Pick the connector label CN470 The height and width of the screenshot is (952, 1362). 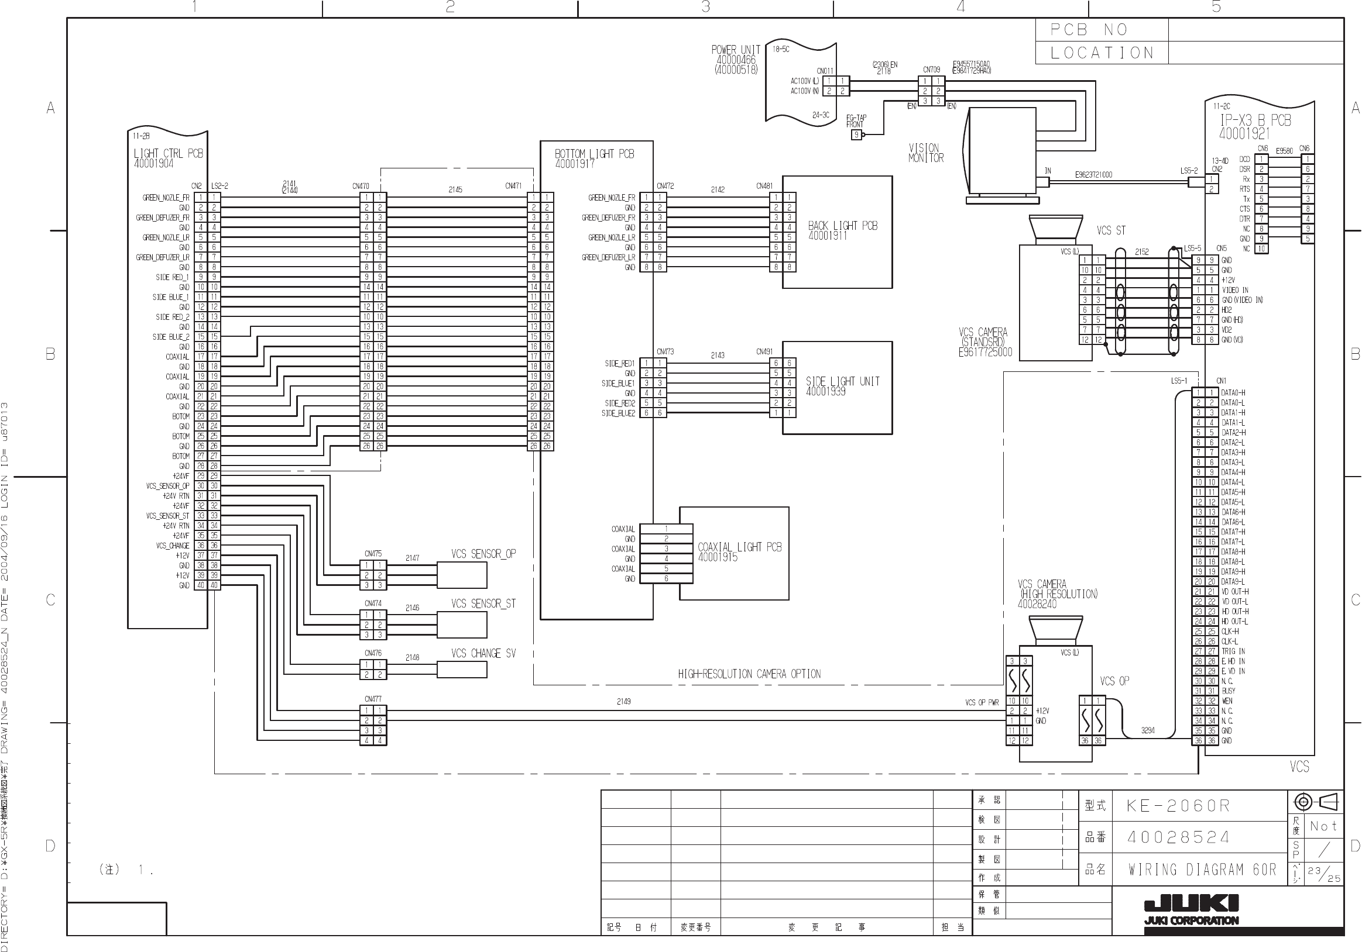361,186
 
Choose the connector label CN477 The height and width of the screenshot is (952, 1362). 372,699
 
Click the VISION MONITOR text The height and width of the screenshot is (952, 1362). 925,153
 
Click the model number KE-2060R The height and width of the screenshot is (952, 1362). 1178,806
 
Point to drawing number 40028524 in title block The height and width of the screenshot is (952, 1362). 1178,837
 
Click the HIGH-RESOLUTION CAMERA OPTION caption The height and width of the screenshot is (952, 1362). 749,674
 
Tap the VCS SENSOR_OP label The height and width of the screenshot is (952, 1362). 483,554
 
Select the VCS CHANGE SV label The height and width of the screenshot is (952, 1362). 483,653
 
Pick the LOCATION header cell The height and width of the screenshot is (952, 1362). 1102,53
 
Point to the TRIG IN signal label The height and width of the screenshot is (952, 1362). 1233,651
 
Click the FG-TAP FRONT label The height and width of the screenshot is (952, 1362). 855,121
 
